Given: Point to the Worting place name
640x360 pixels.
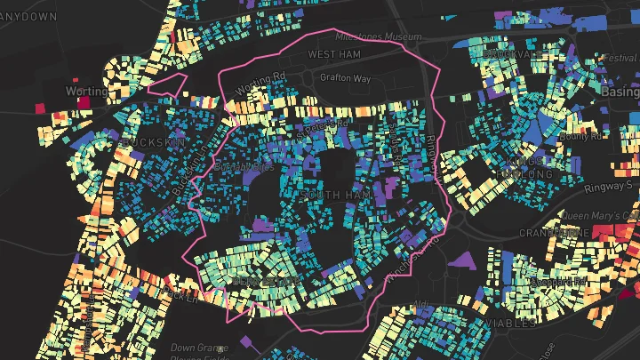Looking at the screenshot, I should tap(85, 91).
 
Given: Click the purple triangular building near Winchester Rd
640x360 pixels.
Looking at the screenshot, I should tap(463, 260).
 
